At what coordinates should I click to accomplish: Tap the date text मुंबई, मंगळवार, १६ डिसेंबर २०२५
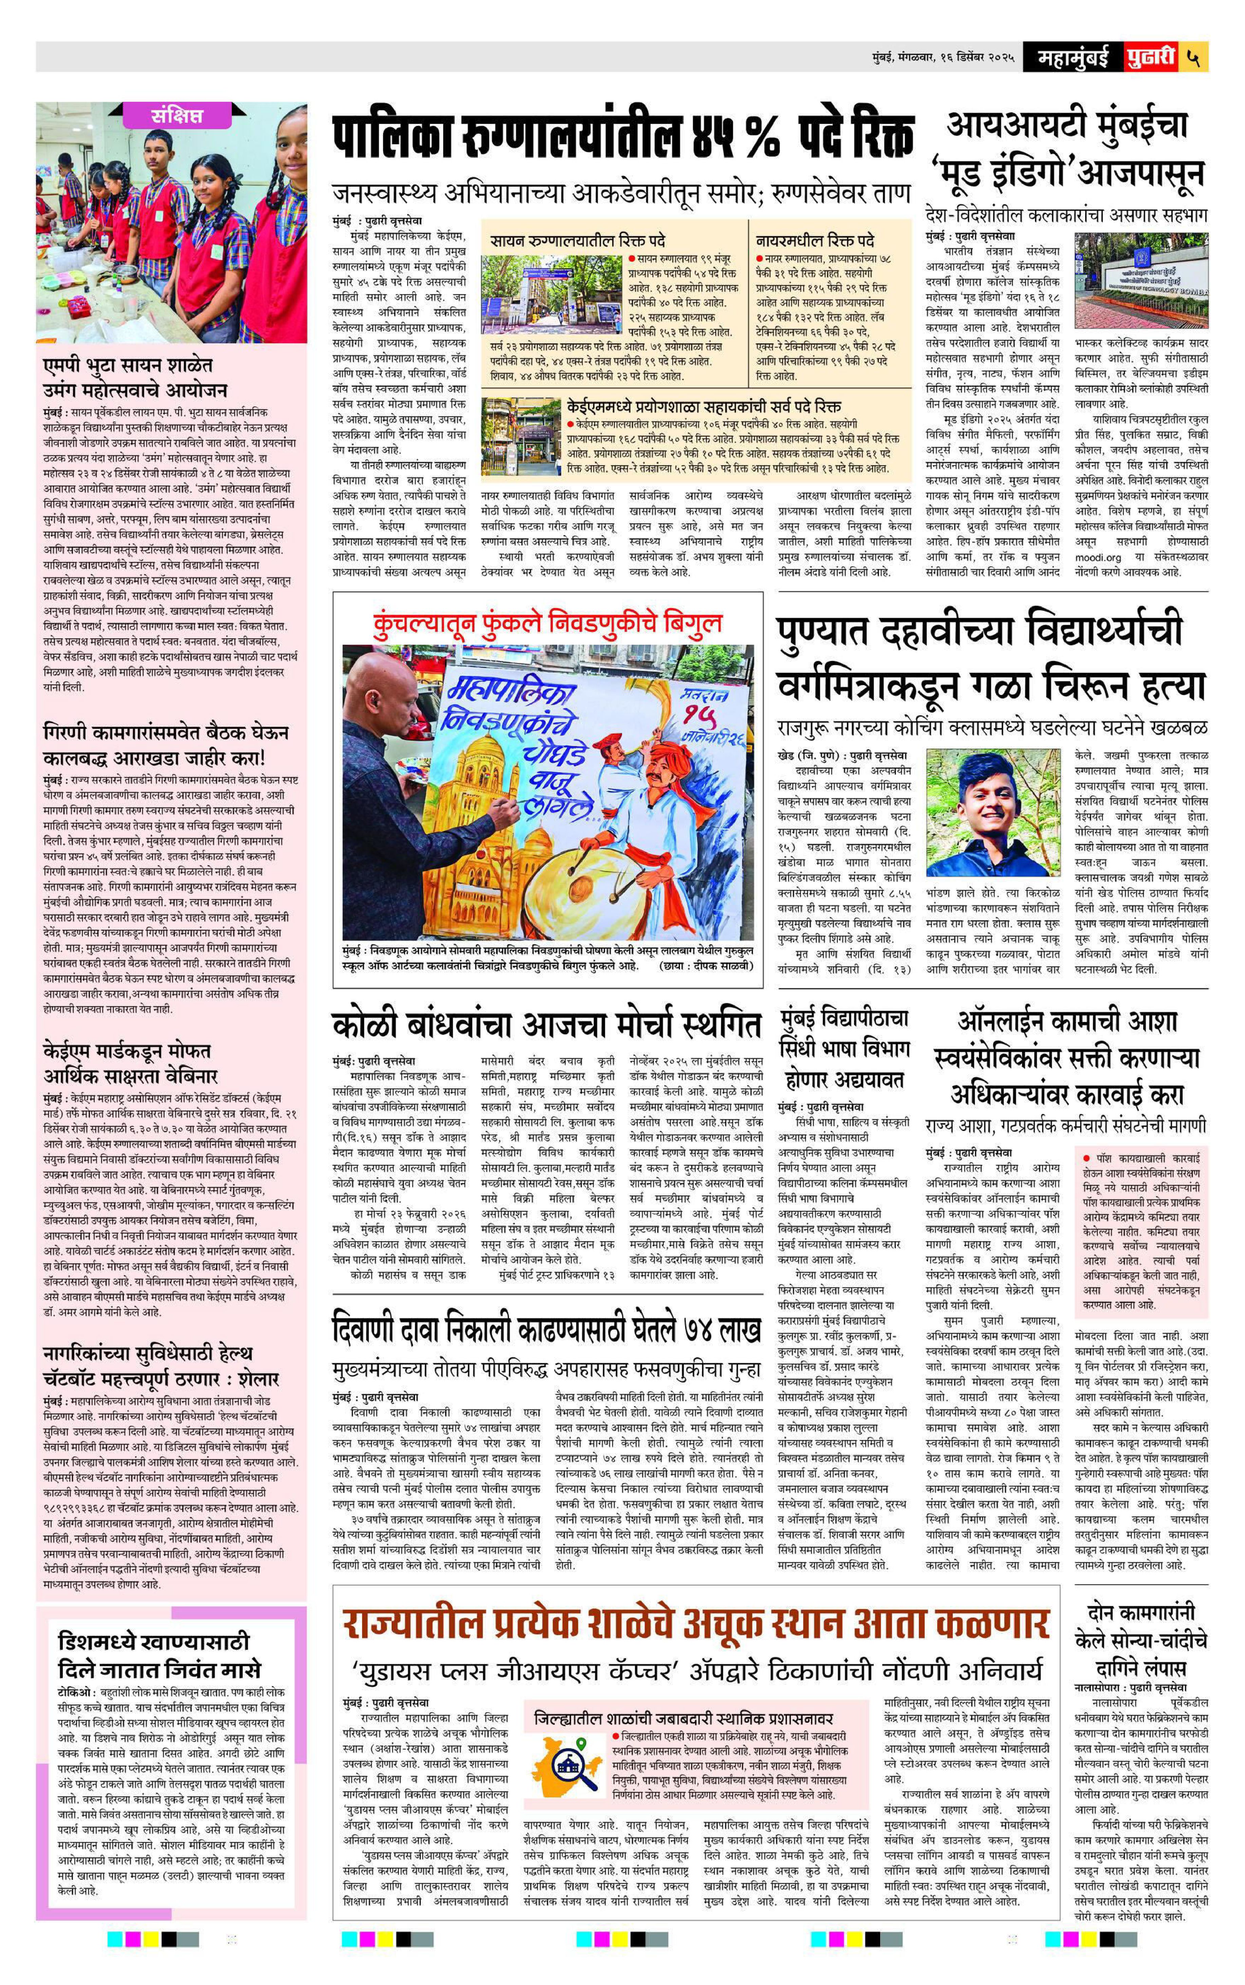tap(943, 58)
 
